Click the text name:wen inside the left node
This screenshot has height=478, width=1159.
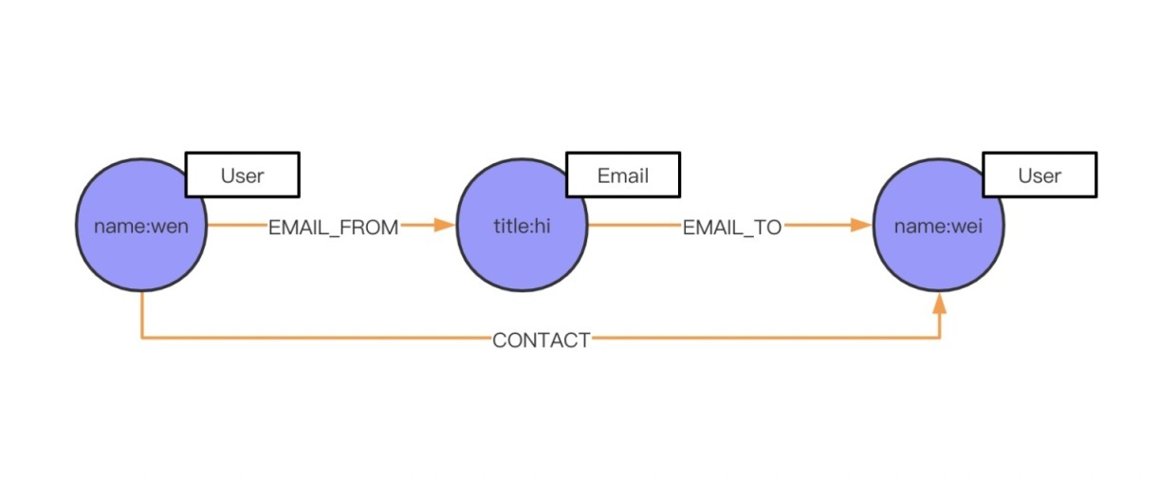click(x=140, y=227)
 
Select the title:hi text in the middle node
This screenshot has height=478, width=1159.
click(x=521, y=227)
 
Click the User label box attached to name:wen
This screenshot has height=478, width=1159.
click(x=242, y=175)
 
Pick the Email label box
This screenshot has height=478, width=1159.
click(x=622, y=175)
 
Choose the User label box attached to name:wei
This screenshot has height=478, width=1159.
click(x=1039, y=175)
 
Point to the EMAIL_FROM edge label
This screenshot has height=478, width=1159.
click(x=333, y=228)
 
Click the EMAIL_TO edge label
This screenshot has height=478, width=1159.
click(x=731, y=228)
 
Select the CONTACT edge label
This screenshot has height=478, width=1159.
click(x=541, y=340)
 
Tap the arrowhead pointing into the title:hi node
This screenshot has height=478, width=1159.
click(x=445, y=226)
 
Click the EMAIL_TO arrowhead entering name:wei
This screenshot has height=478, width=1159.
click(x=861, y=226)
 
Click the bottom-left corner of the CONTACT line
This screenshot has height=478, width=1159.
click(x=141, y=338)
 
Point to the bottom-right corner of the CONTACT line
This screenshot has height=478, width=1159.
click(x=940, y=338)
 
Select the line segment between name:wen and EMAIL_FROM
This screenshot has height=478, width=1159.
click(x=236, y=226)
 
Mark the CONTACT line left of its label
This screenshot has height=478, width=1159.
click(x=313, y=338)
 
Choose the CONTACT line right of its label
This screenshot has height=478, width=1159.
click(x=759, y=338)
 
